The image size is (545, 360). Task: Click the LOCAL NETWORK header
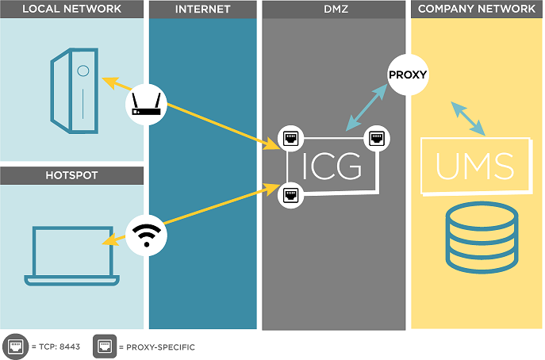pyautogui.click(x=72, y=10)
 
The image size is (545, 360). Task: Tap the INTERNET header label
pyautogui.click(x=202, y=10)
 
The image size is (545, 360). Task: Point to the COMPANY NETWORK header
pyautogui.click(x=476, y=10)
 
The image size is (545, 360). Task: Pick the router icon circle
pyautogui.click(x=146, y=103)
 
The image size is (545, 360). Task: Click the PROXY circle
pyautogui.click(x=408, y=76)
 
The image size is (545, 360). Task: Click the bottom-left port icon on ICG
pyautogui.click(x=290, y=192)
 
